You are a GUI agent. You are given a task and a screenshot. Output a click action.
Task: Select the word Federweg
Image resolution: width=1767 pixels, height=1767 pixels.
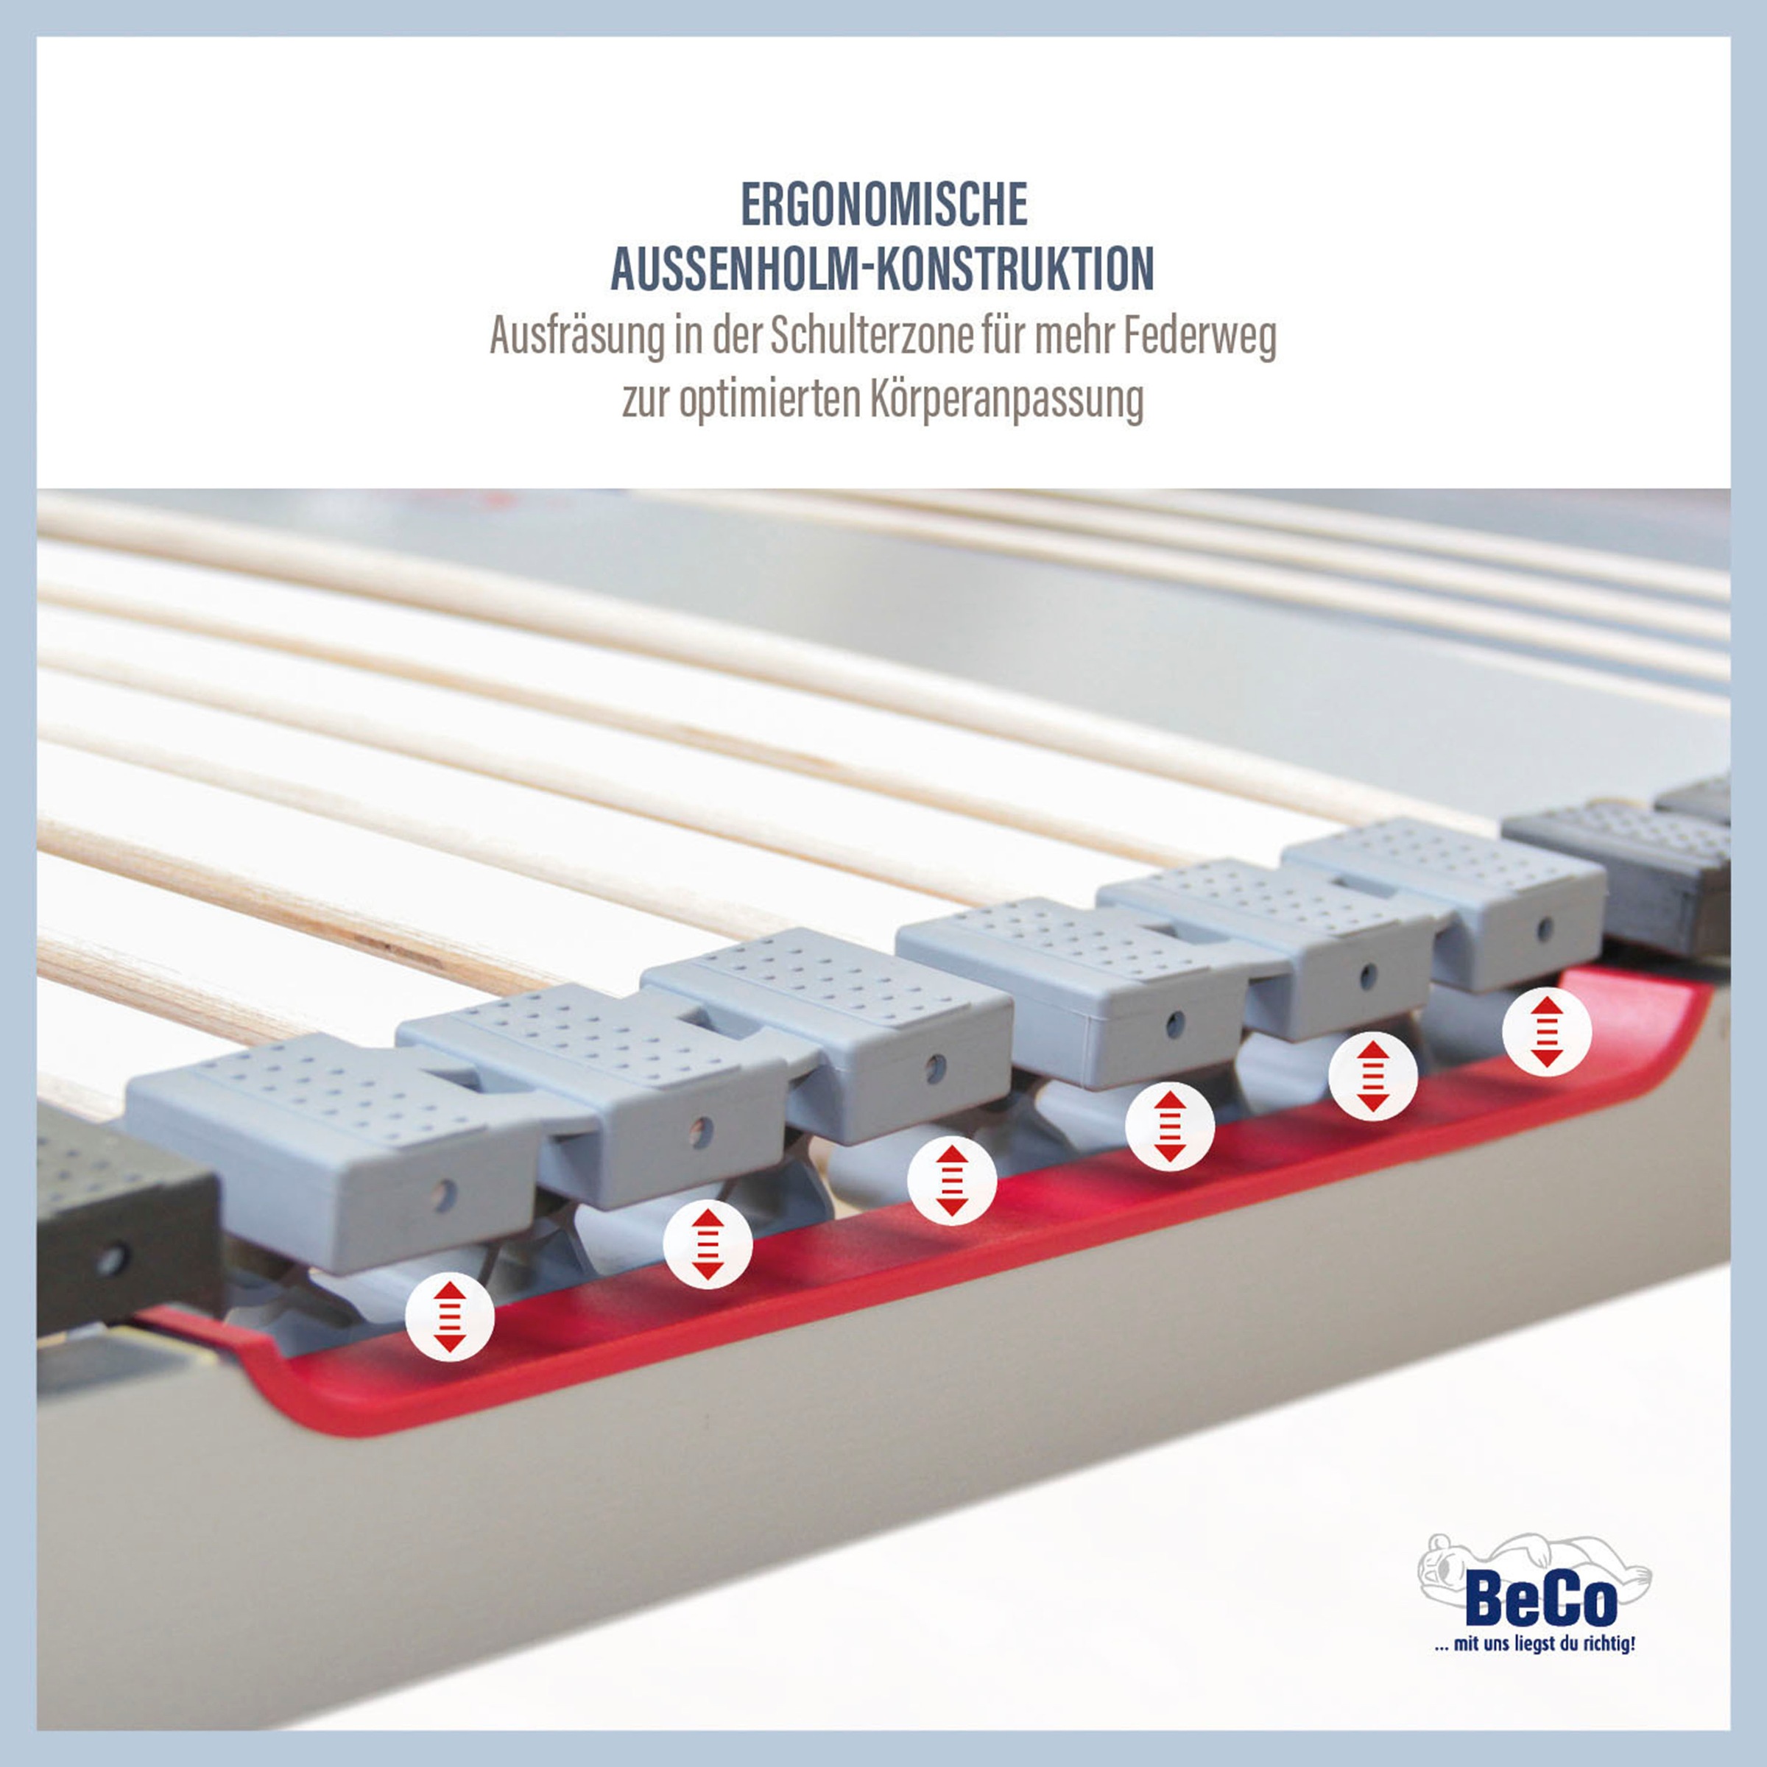1200,337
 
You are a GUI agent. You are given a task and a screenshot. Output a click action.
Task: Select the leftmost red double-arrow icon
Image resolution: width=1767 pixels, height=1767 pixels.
450,1317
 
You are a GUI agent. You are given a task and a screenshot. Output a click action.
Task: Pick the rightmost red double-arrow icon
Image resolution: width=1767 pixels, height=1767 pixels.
1547,1031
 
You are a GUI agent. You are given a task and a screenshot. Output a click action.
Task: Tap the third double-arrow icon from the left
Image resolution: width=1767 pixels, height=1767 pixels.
952,1181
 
